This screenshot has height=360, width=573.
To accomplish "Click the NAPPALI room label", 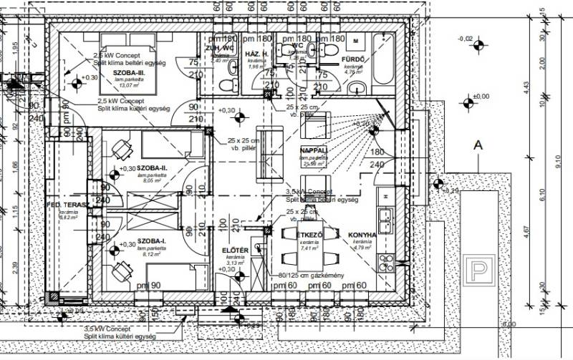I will pos(314,150).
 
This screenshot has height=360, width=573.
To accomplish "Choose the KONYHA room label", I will pos(362,235).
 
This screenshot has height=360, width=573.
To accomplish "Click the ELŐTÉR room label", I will pos(234,250).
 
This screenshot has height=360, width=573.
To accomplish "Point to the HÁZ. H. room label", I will pos(257,54).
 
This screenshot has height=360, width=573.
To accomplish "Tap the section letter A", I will pos(476,145).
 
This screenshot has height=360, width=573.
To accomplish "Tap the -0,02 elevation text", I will pos(466,38).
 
